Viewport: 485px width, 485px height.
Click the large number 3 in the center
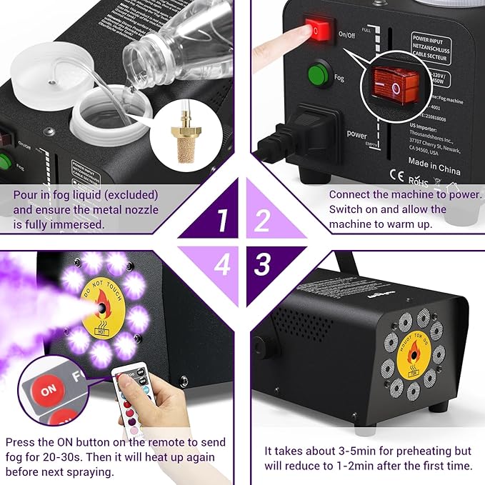[263, 264]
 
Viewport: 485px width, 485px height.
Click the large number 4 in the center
[222, 265]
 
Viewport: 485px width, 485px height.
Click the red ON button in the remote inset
[47, 391]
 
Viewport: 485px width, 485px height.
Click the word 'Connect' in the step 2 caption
[349, 194]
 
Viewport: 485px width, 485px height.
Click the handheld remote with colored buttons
[133, 400]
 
